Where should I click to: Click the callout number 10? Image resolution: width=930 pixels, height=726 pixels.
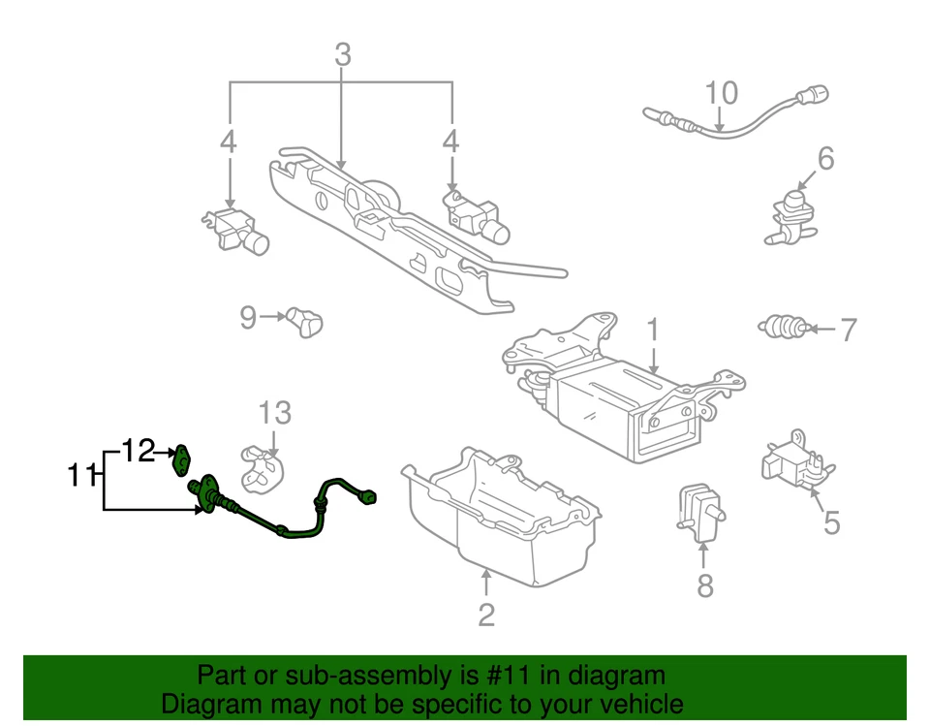pos(721,93)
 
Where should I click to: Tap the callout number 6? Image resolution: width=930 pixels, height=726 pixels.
pos(825,158)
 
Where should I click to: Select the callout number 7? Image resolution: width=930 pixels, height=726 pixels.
pos(848,331)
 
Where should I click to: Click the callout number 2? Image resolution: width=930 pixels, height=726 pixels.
pos(486,615)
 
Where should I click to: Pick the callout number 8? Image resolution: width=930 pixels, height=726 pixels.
pos(705,585)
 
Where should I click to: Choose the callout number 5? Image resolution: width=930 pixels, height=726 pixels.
pos(831,523)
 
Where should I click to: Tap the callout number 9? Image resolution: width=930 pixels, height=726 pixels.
pos(248,317)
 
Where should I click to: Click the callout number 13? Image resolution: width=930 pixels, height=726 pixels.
pos(274,414)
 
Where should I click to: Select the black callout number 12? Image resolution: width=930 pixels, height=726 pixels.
pos(138,451)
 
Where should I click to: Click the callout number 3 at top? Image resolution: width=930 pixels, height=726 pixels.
pos(342,56)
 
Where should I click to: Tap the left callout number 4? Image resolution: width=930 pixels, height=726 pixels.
pos(228,142)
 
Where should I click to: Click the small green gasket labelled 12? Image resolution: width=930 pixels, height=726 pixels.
pos(180,459)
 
